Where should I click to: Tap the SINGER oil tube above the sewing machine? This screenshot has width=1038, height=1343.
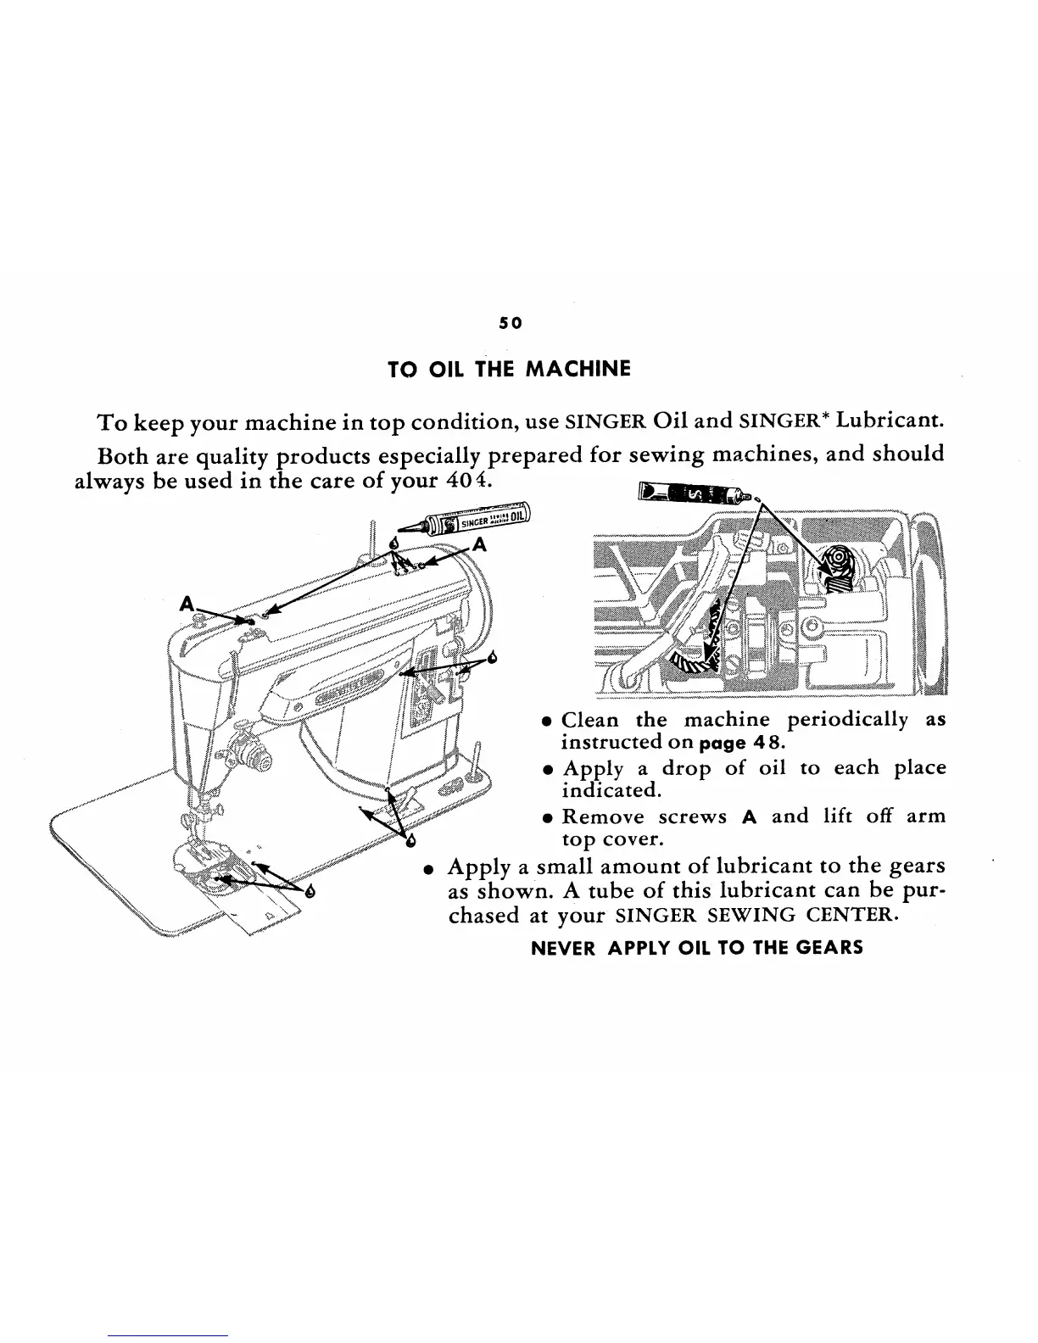[x=478, y=520]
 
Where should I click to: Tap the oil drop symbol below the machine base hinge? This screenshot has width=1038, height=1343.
[x=411, y=841]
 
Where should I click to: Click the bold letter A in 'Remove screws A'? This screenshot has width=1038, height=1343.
[x=748, y=817]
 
